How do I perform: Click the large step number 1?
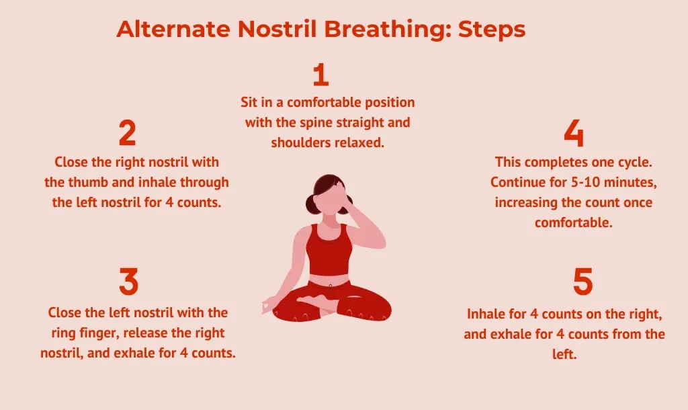321,75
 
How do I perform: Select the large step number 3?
128,282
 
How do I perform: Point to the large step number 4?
574,133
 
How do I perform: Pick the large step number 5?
583,282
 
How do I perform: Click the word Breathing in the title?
388,30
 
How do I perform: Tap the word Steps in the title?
492,30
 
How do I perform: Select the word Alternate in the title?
173,29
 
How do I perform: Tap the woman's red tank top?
329,249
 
